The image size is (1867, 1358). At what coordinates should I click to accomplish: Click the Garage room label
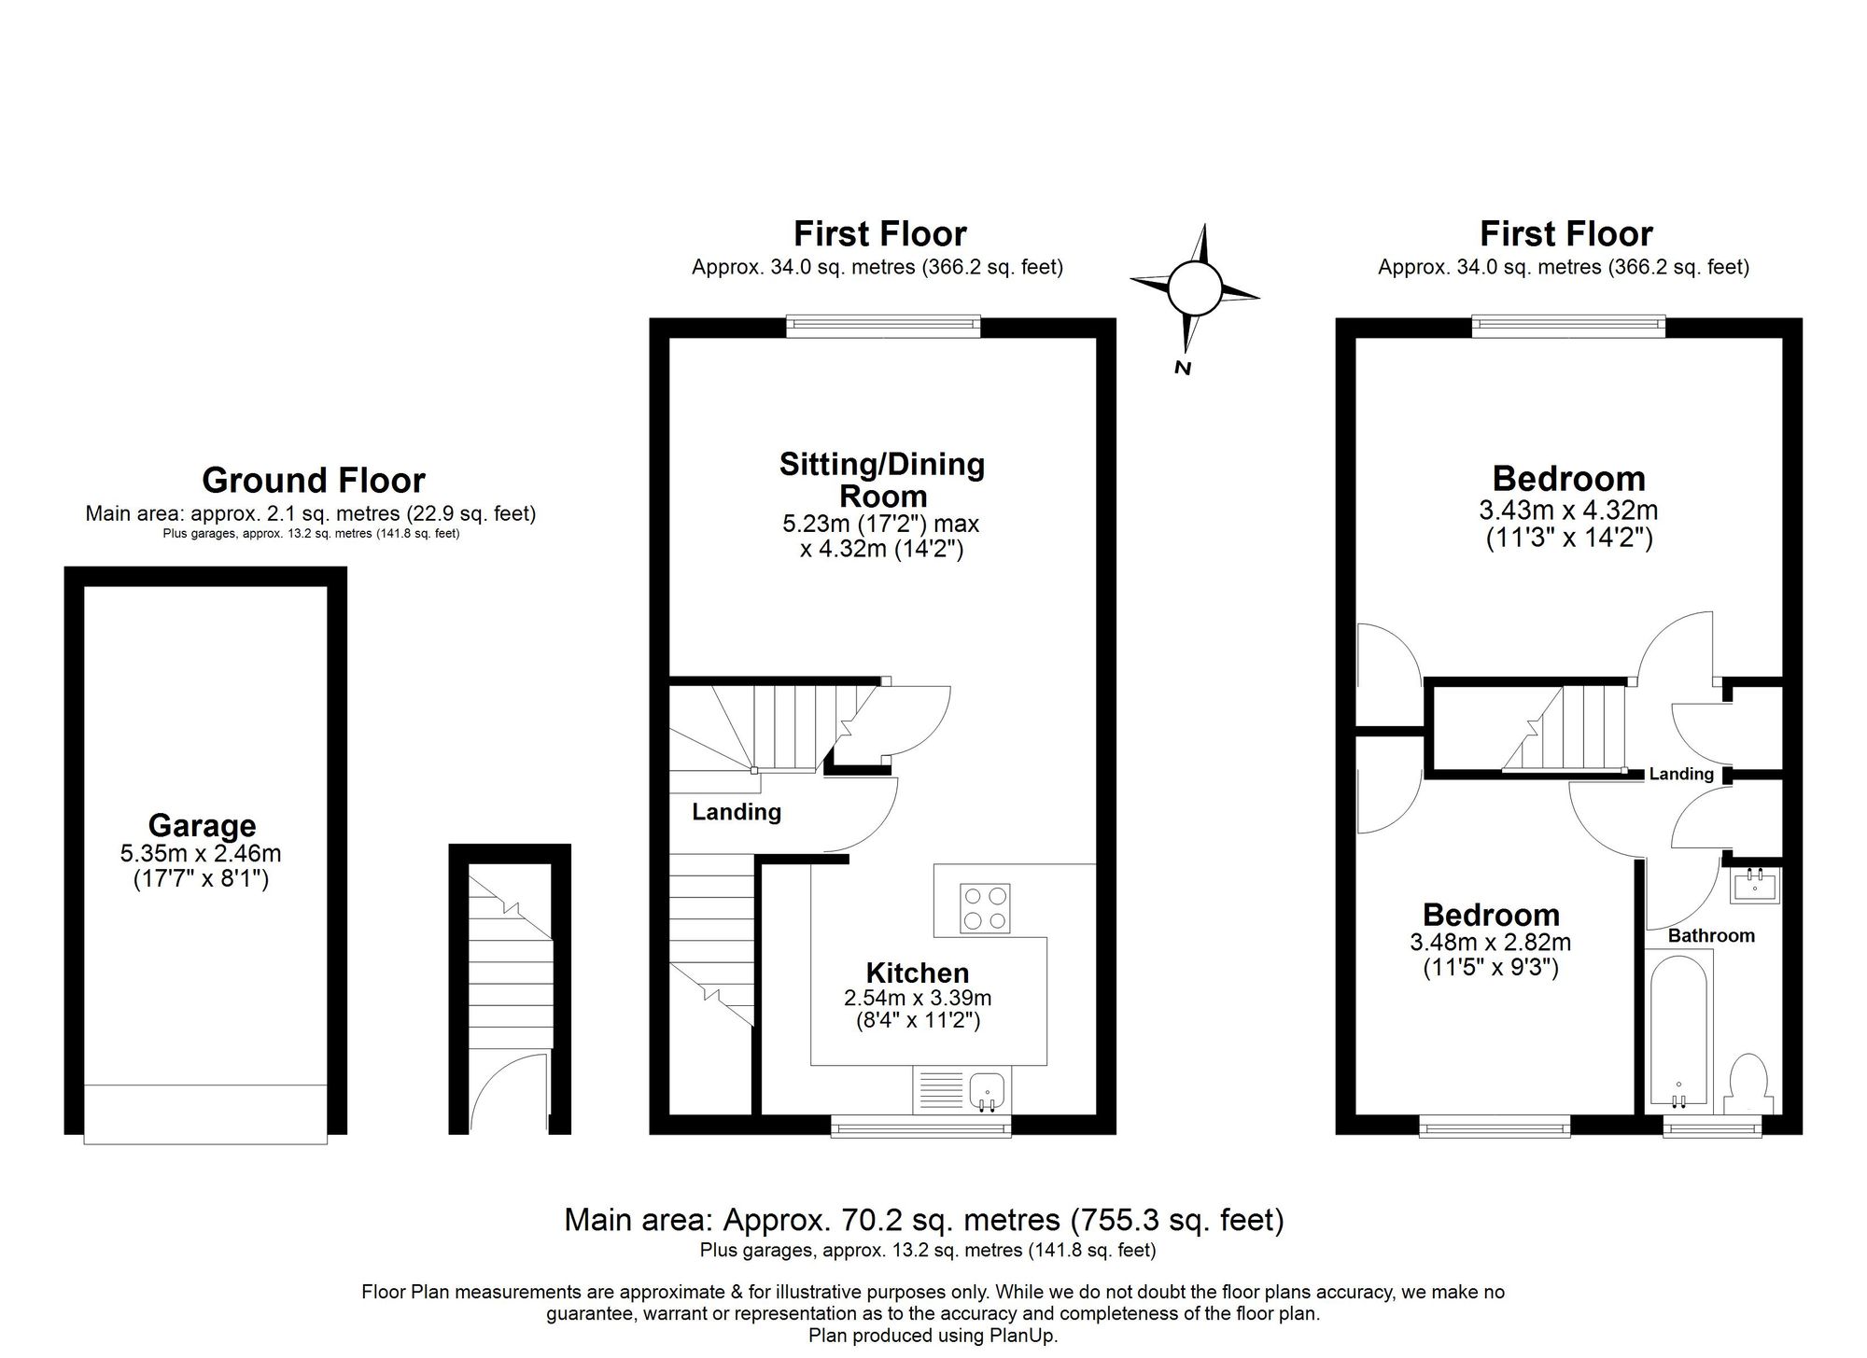202,825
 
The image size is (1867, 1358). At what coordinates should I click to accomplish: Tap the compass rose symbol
1194,288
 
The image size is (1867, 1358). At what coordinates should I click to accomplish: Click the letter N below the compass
1183,368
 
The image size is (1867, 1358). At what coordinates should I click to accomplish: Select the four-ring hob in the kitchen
986,908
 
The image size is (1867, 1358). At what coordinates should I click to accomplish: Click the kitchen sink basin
987,1089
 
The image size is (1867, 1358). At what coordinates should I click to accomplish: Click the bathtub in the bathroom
1678,1031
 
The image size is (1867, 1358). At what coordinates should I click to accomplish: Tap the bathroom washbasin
1755,885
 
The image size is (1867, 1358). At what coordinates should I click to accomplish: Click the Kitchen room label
917,973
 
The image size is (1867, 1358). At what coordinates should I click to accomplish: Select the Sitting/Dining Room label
882,480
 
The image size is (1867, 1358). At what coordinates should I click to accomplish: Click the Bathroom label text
1711,935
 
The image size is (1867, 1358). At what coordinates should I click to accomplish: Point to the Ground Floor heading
314,481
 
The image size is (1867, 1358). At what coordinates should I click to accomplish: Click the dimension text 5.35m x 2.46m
201,853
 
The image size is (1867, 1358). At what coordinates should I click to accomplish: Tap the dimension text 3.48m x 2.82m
1490,942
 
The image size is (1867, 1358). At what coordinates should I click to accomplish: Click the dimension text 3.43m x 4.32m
1568,511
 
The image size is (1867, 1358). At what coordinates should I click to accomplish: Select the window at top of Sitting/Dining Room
883,326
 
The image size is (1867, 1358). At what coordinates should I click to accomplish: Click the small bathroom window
1712,1128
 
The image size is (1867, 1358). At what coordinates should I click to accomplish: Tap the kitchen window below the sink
920,1128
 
